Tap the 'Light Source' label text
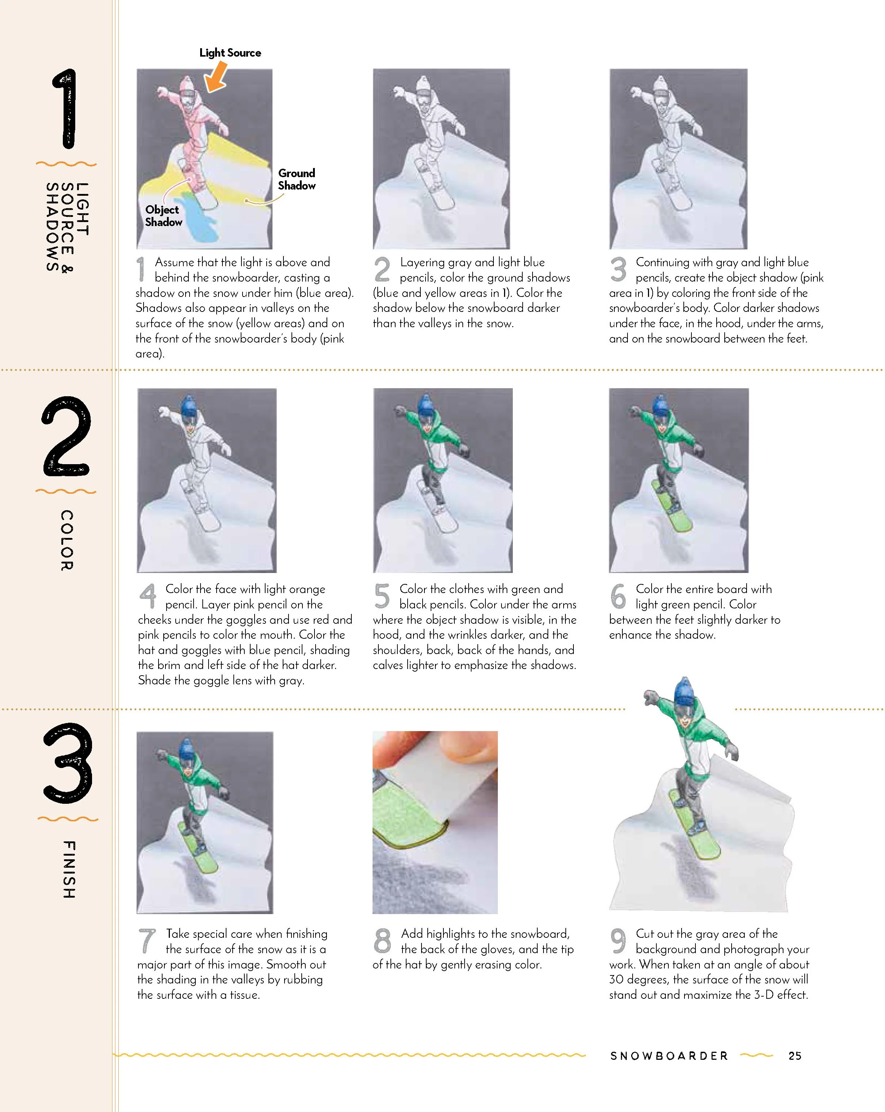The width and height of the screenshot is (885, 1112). [x=230, y=53]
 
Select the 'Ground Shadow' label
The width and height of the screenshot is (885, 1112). [x=297, y=179]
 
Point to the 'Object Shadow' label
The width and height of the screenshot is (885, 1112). [x=164, y=215]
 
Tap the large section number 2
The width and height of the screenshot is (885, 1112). [x=66, y=436]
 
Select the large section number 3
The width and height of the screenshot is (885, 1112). [x=68, y=763]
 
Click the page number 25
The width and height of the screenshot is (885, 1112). [x=795, y=1056]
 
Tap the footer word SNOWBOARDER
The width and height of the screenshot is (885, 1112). [x=669, y=1056]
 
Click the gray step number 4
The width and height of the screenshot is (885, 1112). [x=148, y=596]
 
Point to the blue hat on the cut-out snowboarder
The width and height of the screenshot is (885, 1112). [x=685, y=692]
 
